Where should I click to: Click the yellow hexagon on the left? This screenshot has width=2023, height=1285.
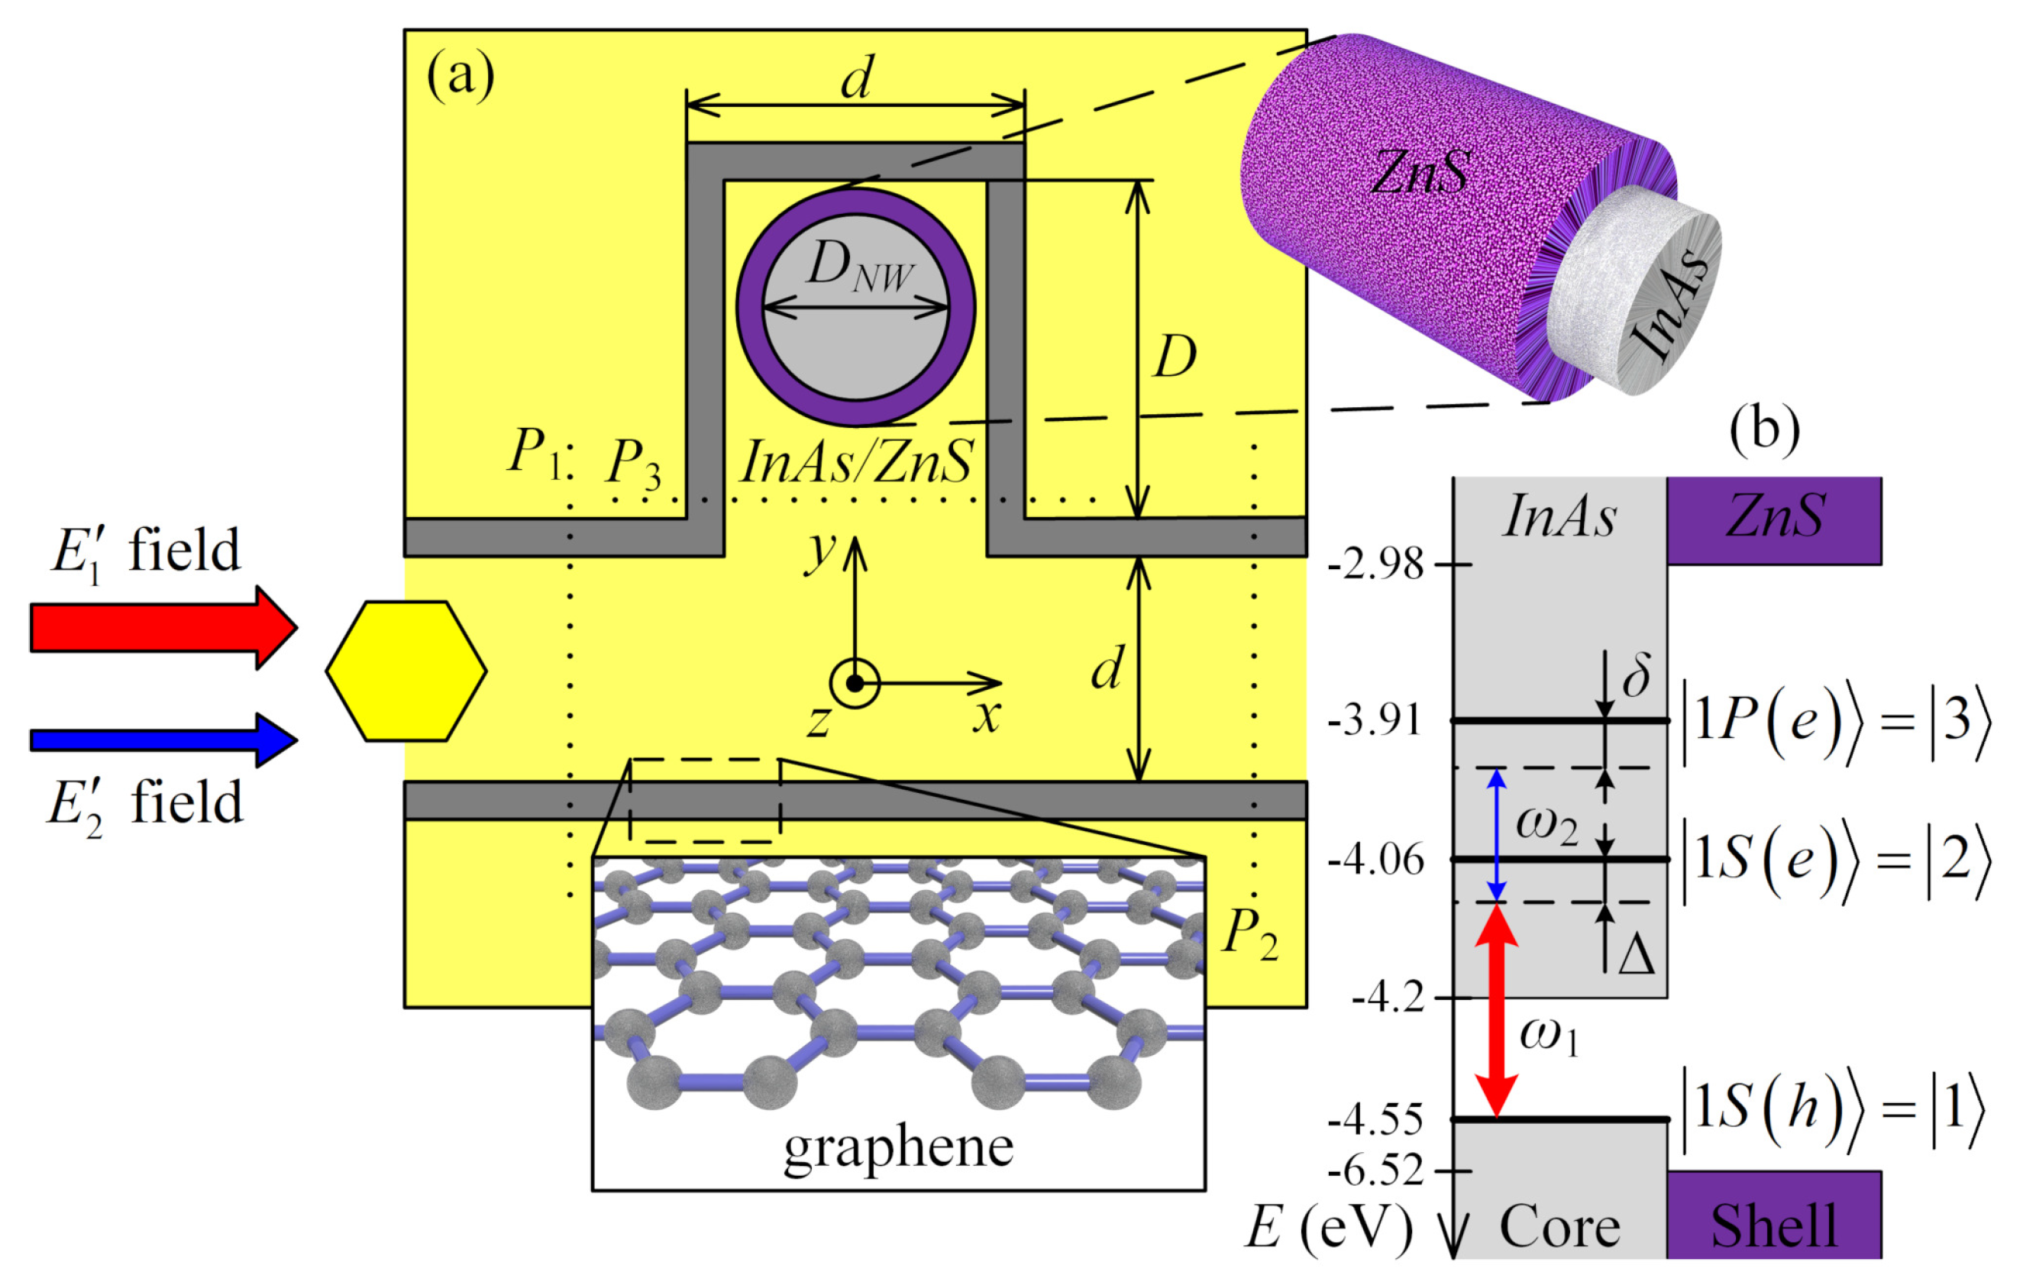pyautogui.click(x=406, y=671)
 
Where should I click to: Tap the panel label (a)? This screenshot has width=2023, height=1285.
pyautogui.click(x=461, y=77)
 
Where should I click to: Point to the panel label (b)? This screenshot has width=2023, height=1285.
pyautogui.click(x=1764, y=429)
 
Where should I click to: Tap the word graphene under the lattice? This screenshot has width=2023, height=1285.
pyautogui.click(x=898, y=1148)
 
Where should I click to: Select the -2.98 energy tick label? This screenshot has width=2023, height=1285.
pyautogui.click(x=1375, y=564)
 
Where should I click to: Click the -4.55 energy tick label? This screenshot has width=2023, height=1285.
pyautogui.click(x=1375, y=1120)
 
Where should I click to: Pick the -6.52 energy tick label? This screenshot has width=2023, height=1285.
pyautogui.click(x=1375, y=1170)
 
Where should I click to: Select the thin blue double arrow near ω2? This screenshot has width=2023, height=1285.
pyautogui.click(x=1496, y=834)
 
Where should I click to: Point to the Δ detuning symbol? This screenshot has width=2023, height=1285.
pyautogui.click(x=1636, y=956)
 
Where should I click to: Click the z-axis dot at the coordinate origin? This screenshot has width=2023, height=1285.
pyautogui.click(x=855, y=683)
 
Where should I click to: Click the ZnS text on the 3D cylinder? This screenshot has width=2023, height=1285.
pyautogui.click(x=1420, y=173)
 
